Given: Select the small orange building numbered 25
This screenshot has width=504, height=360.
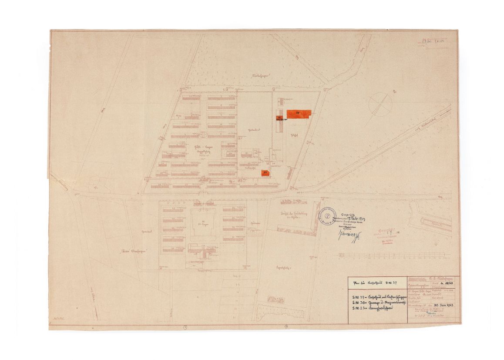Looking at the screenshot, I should pos(265,173).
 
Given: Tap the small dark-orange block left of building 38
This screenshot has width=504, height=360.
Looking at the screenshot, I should pos(279,118).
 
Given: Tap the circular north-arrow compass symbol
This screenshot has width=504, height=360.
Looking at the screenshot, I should pos(380,104).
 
